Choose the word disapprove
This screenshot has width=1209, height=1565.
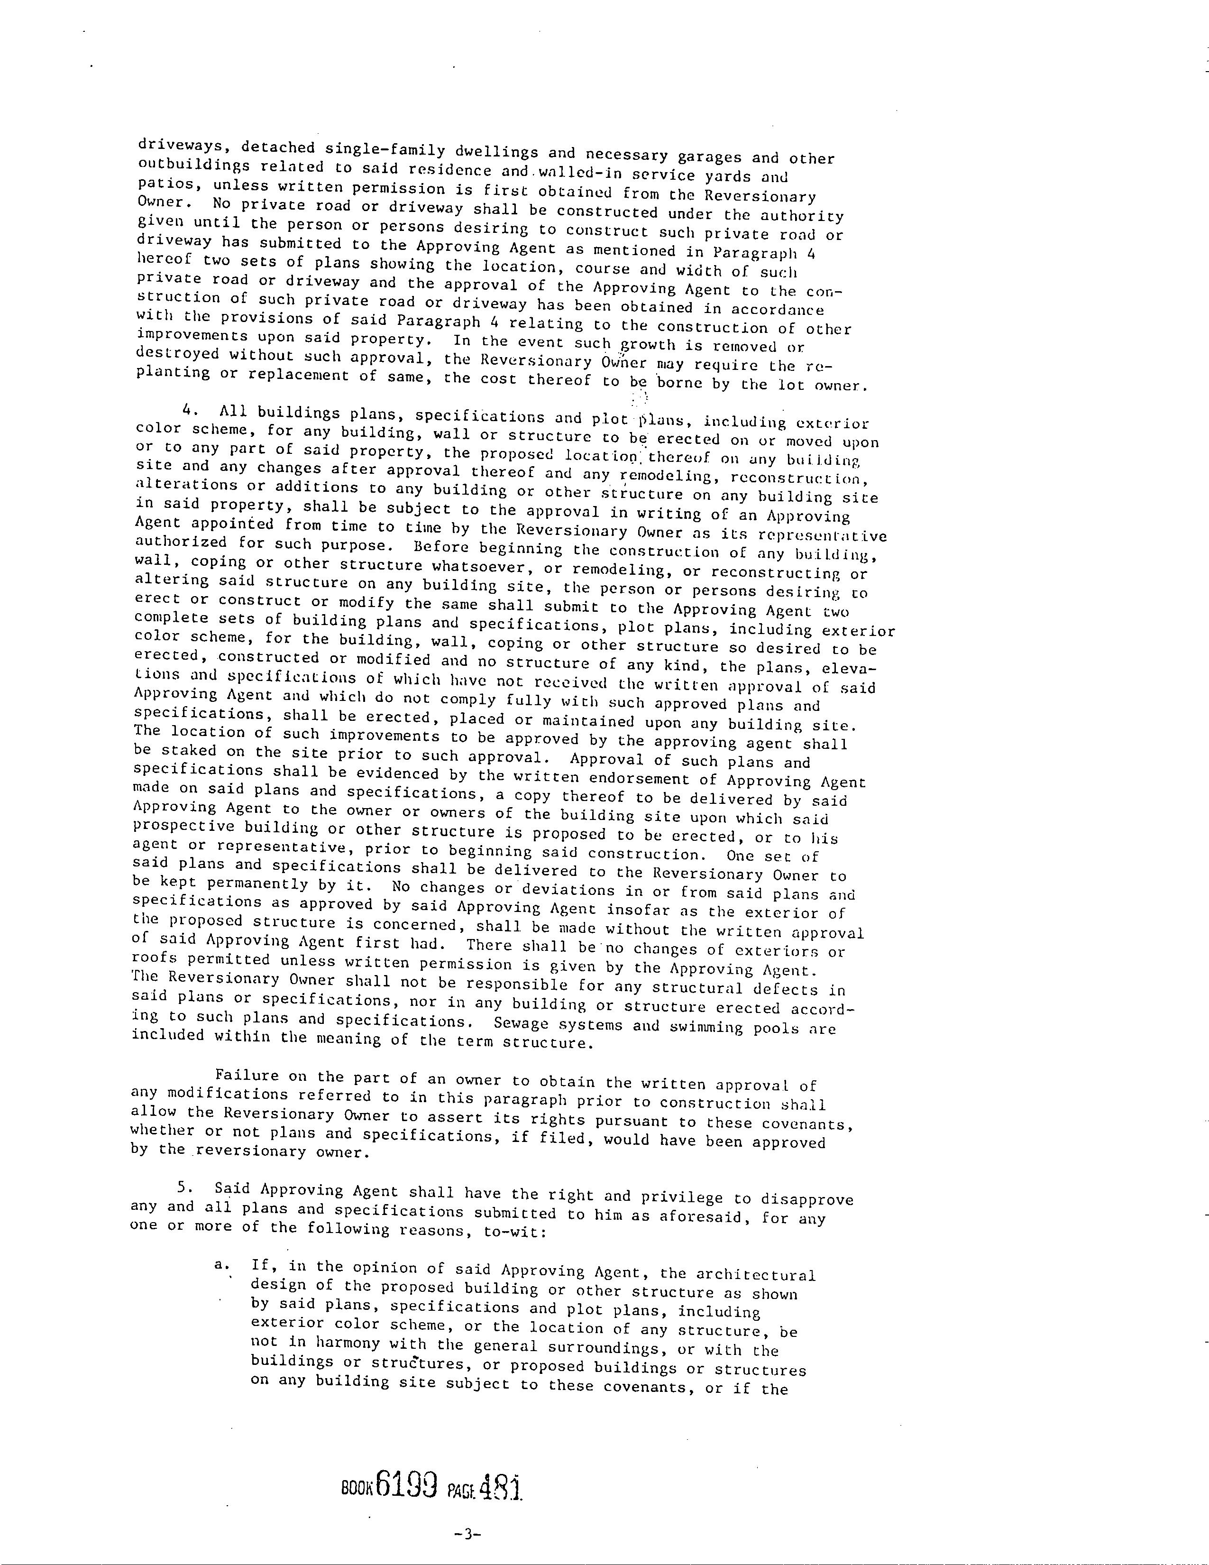click(806, 1199)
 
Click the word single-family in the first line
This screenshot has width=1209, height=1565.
click(385, 150)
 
